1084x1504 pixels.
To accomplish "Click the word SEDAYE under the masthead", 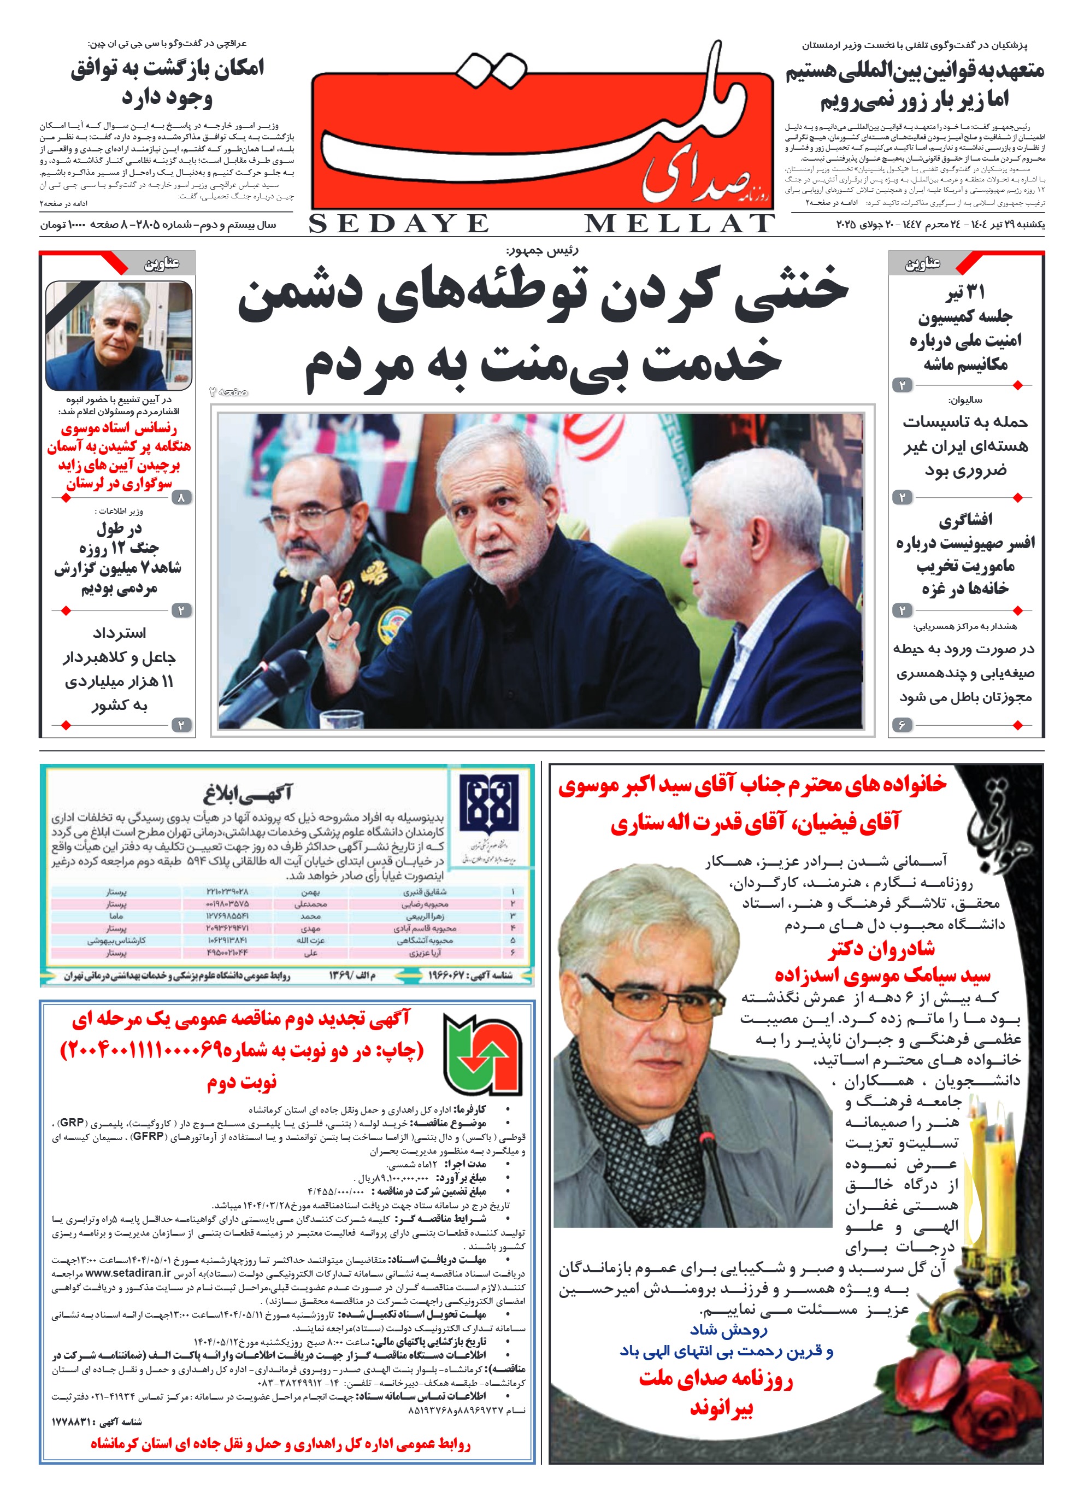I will point(398,224).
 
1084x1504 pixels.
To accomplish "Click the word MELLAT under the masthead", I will point(679,224).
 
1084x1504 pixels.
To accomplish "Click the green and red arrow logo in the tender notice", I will point(482,1054).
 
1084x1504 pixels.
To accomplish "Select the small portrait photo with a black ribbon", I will point(119,336).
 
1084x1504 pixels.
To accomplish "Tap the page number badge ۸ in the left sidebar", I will point(181,497).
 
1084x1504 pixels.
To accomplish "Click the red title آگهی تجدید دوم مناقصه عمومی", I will point(241,1019).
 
